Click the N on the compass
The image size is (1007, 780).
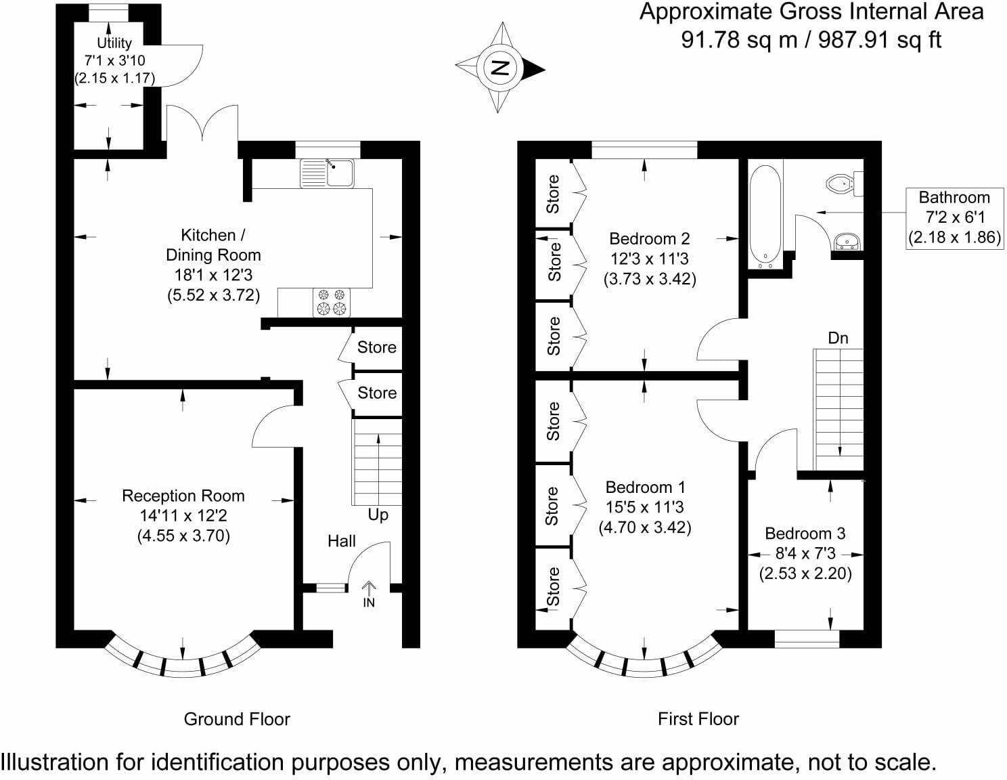coord(499,68)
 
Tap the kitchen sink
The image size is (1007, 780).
coord(327,173)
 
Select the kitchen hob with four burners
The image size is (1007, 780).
coord(332,302)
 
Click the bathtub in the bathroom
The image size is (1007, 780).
coord(765,217)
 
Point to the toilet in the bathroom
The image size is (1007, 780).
coord(845,183)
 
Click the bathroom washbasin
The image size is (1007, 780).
coord(847,242)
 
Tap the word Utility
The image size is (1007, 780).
coord(114,43)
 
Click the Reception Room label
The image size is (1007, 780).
coord(183,496)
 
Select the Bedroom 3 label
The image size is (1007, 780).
coord(805,534)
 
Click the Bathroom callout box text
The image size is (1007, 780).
coord(955,217)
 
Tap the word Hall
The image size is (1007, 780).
coord(342,541)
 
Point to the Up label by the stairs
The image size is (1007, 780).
coord(378,515)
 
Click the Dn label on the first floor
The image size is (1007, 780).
coord(838,338)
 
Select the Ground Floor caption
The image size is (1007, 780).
coord(237,719)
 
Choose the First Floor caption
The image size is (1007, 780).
coord(698,719)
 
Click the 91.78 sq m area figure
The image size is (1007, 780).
coord(739,40)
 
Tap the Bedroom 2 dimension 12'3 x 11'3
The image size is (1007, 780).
coord(649,259)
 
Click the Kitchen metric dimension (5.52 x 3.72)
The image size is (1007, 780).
coord(213,295)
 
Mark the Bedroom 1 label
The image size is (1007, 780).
coord(645,487)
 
